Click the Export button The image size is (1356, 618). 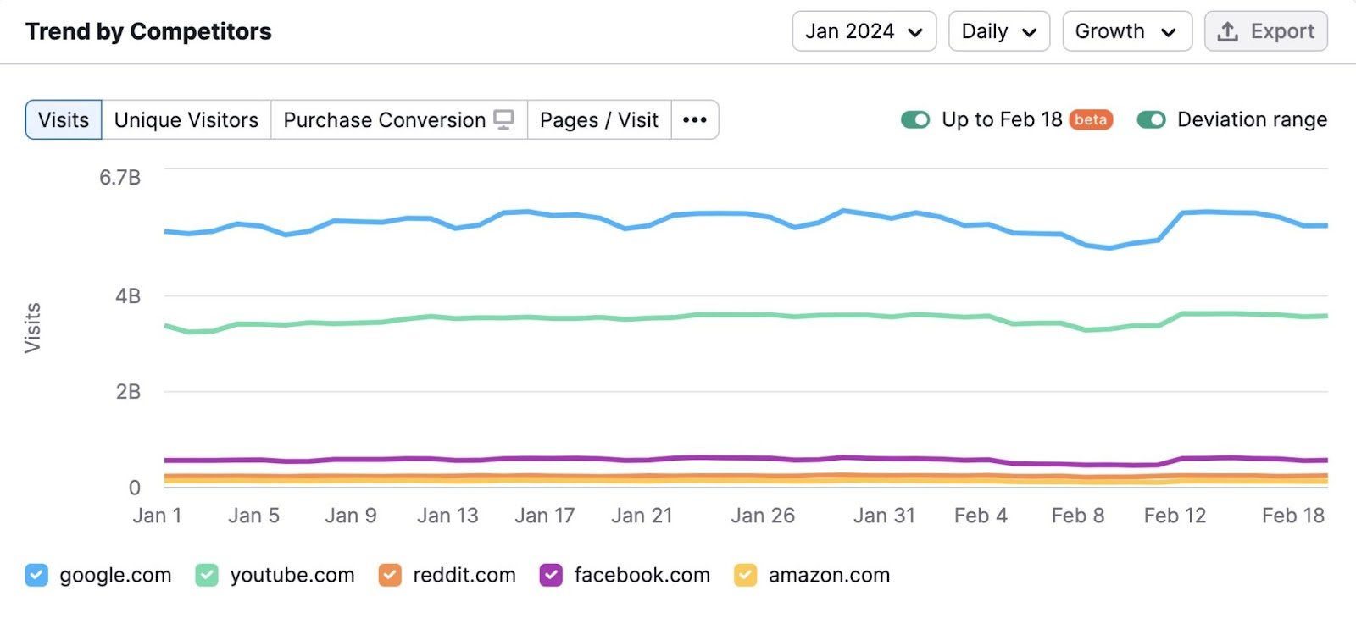[x=1265, y=31]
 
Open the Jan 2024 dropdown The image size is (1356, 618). [x=864, y=31]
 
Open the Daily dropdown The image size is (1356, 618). [x=998, y=31]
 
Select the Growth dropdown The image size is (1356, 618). [x=1126, y=31]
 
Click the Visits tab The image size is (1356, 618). [x=64, y=120]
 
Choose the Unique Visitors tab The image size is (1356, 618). [x=186, y=120]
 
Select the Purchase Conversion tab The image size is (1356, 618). [x=398, y=120]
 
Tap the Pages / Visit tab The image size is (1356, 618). [x=599, y=120]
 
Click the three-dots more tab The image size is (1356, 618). [x=695, y=120]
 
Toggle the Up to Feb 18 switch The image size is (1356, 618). [x=915, y=120]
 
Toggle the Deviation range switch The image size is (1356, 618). [x=1151, y=120]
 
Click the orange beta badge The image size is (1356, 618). [x=1091, y=120]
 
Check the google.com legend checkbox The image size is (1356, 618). [x=36, y=576]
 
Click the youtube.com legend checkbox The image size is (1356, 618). [x=207, y=576]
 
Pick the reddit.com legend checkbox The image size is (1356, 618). [x=390, y=576]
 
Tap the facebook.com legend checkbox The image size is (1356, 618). [x=551, y=576]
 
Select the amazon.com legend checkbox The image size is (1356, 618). [x=745, y=576]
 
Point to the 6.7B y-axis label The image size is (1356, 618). [x=119, y=178]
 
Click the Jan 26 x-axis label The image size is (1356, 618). [x=763, y=516]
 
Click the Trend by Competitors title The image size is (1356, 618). [x=148, y=31]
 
